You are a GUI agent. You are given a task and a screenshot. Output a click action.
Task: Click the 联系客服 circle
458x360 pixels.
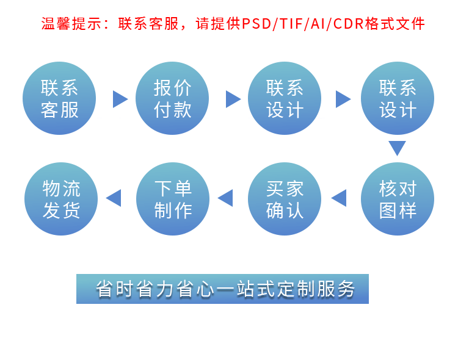pos(59,98)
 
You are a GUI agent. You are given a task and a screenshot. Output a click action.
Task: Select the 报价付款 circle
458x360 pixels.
pos(172,98)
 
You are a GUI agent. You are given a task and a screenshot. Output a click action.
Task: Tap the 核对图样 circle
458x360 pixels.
pos(397,199)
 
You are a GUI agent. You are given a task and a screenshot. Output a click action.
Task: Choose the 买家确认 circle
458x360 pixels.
pos(285,199)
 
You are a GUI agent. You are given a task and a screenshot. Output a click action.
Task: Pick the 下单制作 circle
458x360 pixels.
pos(173,199)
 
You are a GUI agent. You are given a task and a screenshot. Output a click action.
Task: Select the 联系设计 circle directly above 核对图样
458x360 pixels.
pos(397,98)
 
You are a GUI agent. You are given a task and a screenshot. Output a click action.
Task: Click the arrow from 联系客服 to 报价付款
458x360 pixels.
pos(120,99)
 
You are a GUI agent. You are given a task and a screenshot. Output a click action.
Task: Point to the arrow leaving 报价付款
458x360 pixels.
pos(233,99)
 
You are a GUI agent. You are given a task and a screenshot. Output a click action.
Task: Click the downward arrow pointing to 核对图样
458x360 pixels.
pos(397,148)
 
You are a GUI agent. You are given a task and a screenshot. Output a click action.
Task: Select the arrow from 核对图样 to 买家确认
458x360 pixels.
pos(340,198)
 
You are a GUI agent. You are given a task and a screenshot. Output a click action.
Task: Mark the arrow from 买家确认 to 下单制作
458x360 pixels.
pos(226,198)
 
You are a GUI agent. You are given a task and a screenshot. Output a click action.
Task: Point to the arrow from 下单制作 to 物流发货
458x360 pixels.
pos(114,198)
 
